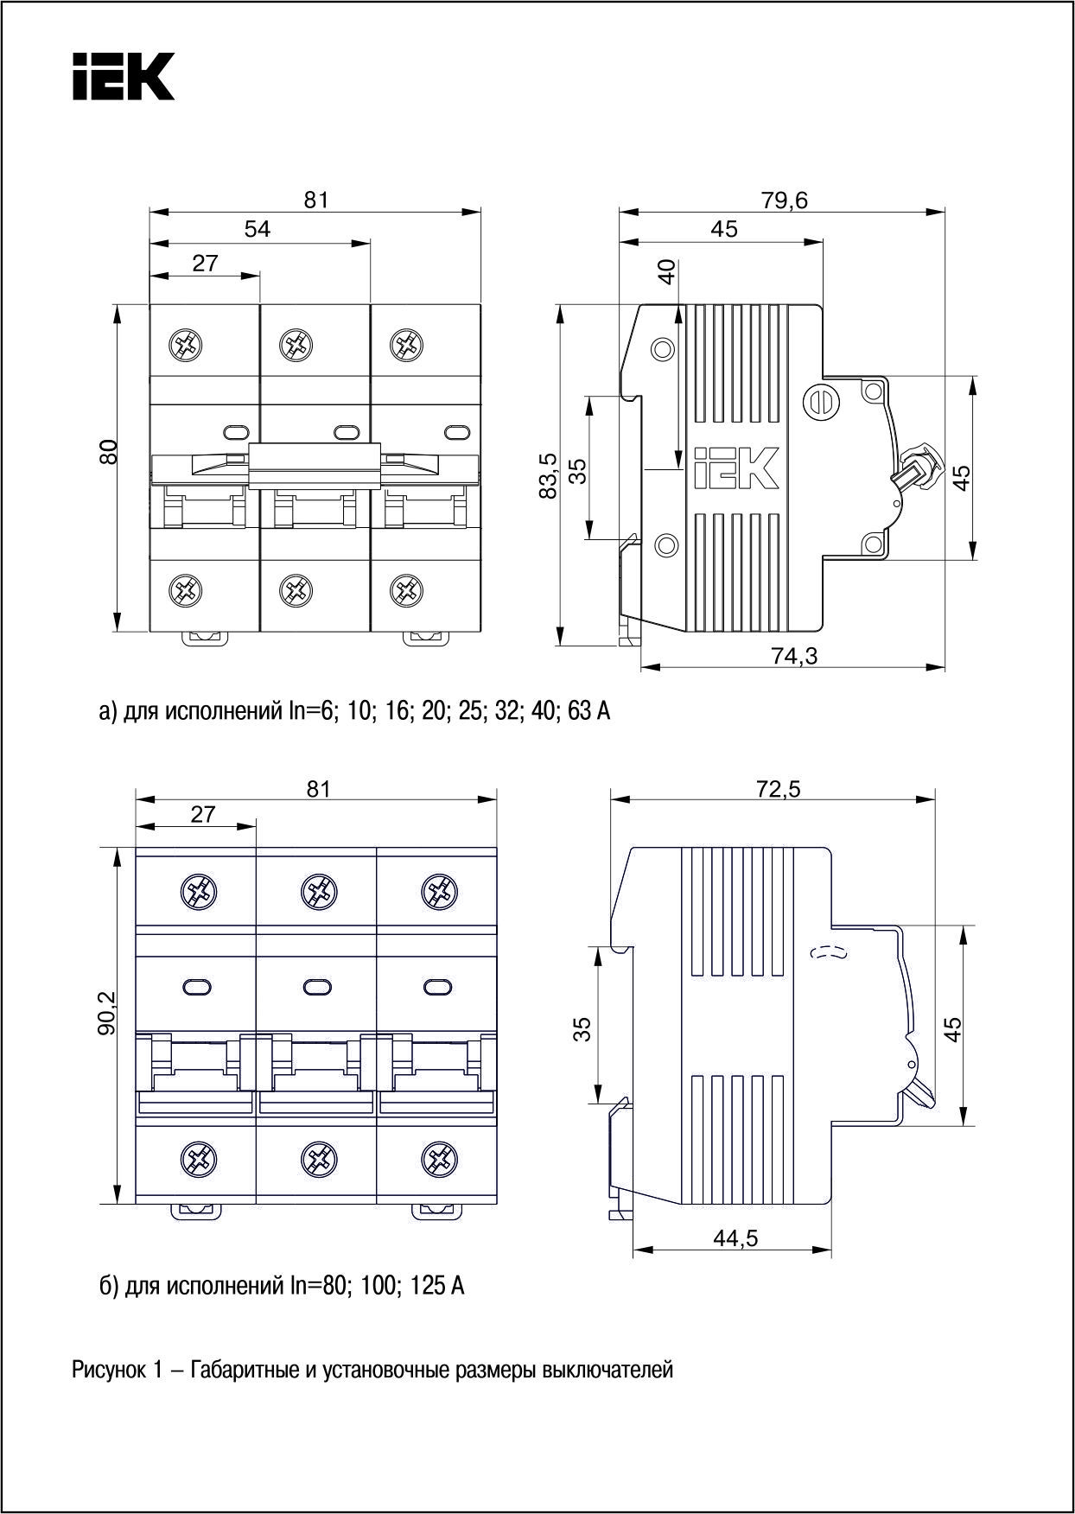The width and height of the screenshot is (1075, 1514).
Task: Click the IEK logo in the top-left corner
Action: [x=123, y=77]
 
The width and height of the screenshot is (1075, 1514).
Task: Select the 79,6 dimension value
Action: [x=784, y=200]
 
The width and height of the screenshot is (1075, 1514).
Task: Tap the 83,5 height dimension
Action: [x=547, y=476]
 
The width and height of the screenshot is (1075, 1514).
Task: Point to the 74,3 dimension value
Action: [x=794, y=657]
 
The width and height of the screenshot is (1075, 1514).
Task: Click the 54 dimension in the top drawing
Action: [x=258, y=229]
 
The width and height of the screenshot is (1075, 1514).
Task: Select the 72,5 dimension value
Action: [x=778, y=788]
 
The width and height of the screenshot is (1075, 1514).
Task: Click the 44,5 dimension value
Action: [x=735, y=1239]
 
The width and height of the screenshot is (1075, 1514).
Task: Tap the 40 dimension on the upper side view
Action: [x=665, y=273]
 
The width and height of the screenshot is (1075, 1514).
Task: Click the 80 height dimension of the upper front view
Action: [x=107, y=452]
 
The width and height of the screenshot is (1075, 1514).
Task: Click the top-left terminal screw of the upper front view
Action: [x=186, y=346]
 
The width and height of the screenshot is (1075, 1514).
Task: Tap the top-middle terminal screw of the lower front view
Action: [x=319, y=891]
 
